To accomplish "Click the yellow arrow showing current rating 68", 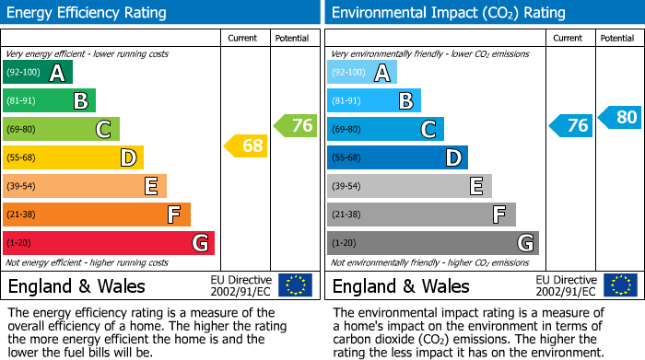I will point(246,145).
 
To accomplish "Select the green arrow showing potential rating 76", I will point(296,125).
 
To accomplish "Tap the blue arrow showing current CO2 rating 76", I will point(570,125).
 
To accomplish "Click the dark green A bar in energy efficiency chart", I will point(37,73).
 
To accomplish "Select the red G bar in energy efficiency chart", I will point(108,243).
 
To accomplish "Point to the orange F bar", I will point(96,215).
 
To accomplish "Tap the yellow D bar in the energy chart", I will point(73,157).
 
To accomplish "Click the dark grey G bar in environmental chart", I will point(432,243).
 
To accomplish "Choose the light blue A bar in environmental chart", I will point(361,73).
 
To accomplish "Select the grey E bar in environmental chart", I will point(408,186).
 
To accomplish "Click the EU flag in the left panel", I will point(295,285).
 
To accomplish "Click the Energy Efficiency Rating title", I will point(88,13).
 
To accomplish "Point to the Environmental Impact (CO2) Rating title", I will point(448,13).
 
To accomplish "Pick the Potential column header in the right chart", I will point(616,38).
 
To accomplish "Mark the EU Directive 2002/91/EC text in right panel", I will point(566,285).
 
